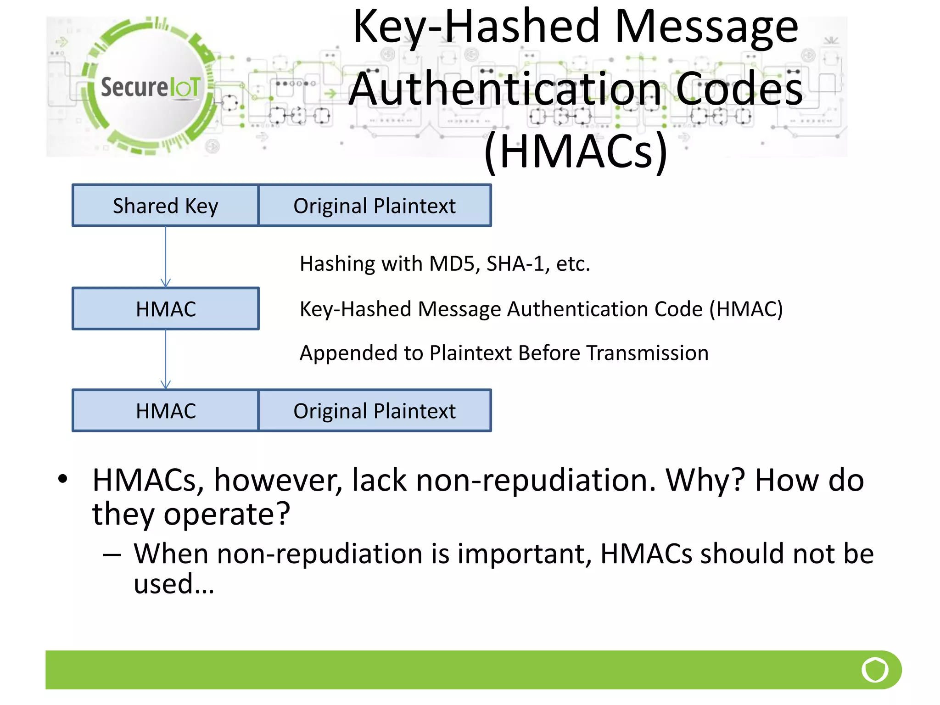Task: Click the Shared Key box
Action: pyautogui.click(x=165, y=206)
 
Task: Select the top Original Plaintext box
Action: pyautogui.click(x=375, y=206)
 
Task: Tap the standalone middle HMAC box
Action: pyautogui.click(x=165, y=308)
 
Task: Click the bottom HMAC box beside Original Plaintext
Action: pyautogui.click(x=165, y=411)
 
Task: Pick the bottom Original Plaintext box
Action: pyautogui.click(x=375, y=411)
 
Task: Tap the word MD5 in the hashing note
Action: pyautogui.click(x=452, y=264)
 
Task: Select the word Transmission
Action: pyautogui.click(x=647, y=353)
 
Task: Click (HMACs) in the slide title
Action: pyautogui.click(x=576, y=151)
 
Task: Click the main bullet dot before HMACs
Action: pyautogui.click(x=63, y=479)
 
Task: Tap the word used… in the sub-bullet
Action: pyautogui.click(x=173, y=584)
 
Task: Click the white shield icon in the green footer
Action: pyautogui.click(x=875, y=670)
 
